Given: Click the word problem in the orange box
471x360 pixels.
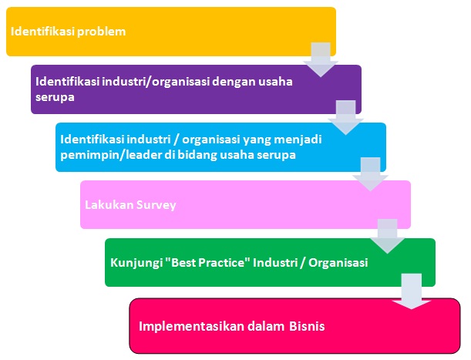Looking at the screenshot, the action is click(101, 32).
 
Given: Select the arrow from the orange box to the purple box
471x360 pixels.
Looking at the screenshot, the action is click(321, 60).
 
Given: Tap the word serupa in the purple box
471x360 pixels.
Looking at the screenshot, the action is click(55, 97).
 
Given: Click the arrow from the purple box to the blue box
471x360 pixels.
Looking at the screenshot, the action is click(345, 117).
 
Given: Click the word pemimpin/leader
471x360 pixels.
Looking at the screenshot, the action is click(110, 155).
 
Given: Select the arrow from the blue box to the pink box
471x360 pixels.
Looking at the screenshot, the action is click(370, 174).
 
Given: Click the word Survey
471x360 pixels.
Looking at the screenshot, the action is click(156, 205).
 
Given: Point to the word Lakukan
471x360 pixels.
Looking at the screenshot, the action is click(109, 204).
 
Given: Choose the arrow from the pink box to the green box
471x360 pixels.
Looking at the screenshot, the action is click(387, 236).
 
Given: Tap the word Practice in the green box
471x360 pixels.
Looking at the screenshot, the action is click(220, 262).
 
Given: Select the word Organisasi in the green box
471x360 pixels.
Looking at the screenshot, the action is click(338, 263).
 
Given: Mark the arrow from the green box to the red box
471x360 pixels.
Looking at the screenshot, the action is click(411, 291).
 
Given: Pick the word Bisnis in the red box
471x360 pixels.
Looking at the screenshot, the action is click(307, 326).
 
